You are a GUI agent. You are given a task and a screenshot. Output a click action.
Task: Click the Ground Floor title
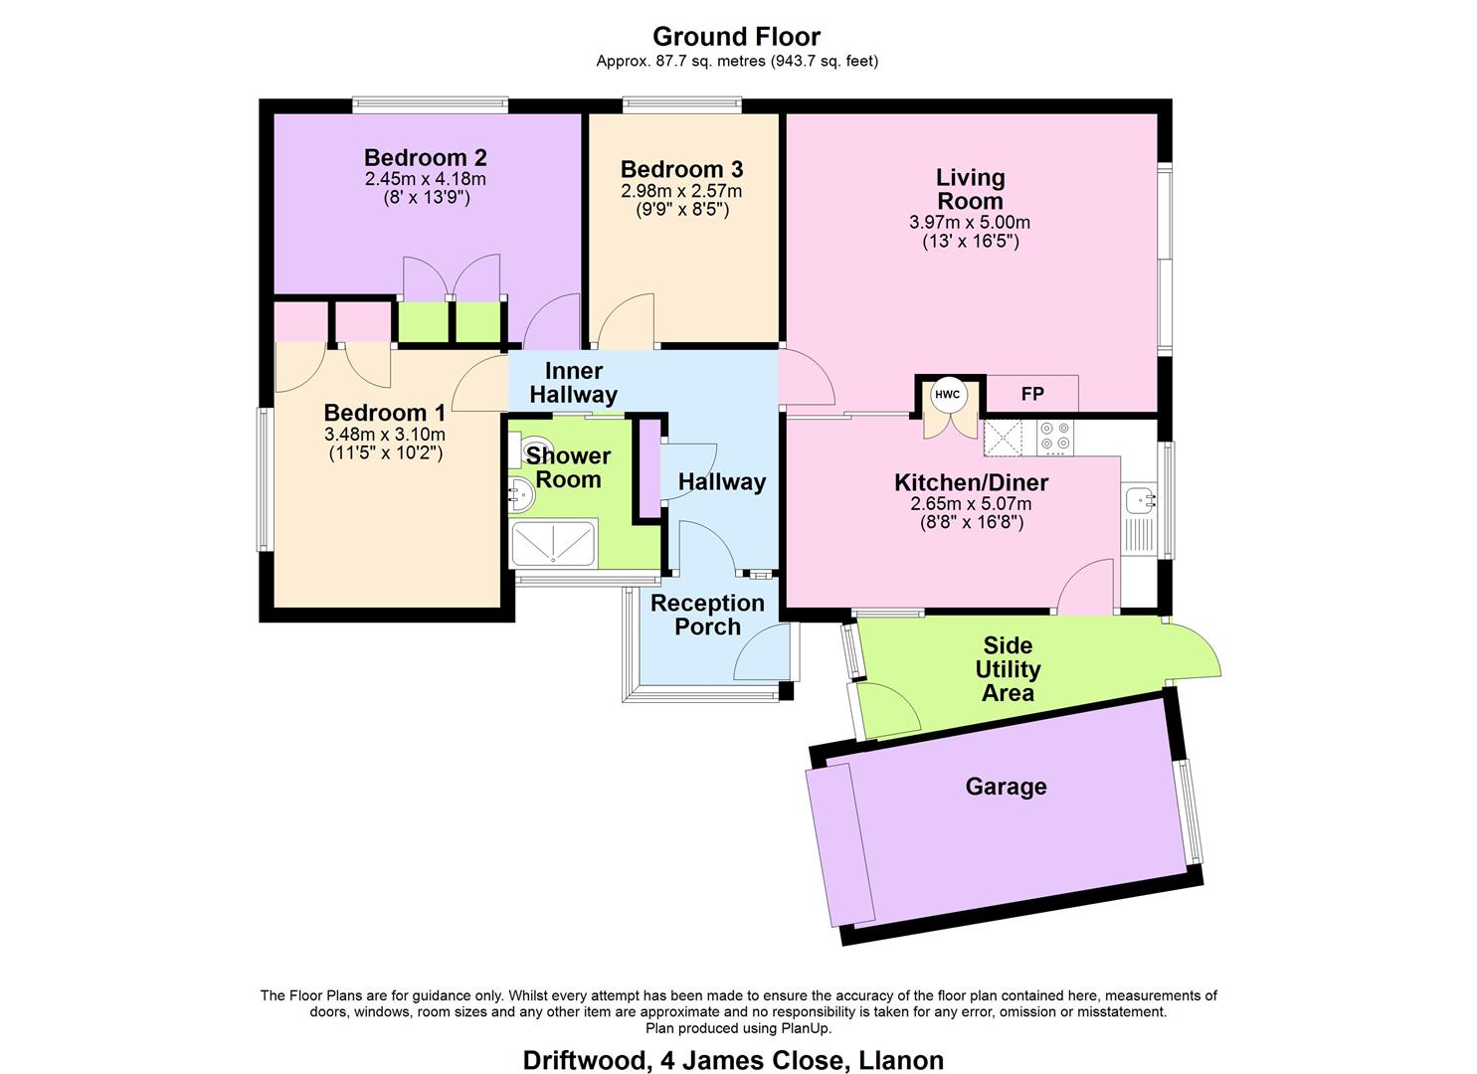736,37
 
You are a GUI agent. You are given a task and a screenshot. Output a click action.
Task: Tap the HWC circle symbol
947,395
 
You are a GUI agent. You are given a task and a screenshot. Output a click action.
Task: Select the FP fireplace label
1032,394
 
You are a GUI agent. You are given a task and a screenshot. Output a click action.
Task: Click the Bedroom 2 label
425,157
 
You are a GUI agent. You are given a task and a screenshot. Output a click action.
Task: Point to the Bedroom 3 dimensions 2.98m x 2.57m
681,191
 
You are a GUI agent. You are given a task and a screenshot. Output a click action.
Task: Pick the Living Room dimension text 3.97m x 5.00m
970,222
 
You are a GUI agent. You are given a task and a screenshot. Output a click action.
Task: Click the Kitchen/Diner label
971,483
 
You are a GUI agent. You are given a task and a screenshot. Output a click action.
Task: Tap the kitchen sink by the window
1136,500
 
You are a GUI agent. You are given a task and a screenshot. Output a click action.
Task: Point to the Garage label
1006,787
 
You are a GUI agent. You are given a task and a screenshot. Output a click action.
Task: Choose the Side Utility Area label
1008,669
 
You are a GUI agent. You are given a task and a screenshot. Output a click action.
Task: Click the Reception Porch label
707,615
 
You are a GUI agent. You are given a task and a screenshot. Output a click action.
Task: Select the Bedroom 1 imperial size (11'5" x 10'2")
385,453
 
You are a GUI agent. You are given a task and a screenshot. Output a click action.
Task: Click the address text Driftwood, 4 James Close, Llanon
733,1060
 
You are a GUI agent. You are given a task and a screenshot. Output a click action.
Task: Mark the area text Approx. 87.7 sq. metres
681,61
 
